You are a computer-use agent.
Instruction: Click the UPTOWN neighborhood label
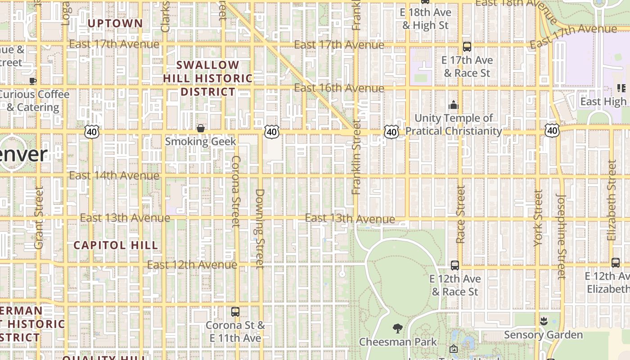point(115,23)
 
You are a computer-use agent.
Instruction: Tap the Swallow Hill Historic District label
point(208,78)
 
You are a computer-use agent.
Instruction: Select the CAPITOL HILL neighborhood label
point(116,245)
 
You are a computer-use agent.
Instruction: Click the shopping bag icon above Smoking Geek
point(201,129)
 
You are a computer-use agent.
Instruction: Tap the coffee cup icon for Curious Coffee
point(33,81)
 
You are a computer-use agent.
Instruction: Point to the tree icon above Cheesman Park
point(397,328)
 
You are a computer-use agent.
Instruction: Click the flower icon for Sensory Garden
point(543,321)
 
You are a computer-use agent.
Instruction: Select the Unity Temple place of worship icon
point(453,105)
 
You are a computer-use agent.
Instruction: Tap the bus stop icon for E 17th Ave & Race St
point(467,46)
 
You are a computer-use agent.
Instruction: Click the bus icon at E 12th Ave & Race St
point(455,265)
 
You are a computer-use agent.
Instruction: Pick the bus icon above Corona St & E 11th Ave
point(235,311)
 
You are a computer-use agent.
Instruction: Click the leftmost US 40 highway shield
point(92,132)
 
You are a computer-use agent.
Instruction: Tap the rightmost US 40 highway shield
point(552,131)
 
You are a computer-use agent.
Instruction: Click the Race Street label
point(460,215)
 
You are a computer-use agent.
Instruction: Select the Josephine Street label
point(561,236)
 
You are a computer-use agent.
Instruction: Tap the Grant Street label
point(39,218)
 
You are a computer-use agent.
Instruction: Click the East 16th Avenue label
point(339,88)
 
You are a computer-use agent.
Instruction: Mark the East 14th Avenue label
point(114,175)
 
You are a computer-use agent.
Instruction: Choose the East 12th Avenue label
point(192,265)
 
